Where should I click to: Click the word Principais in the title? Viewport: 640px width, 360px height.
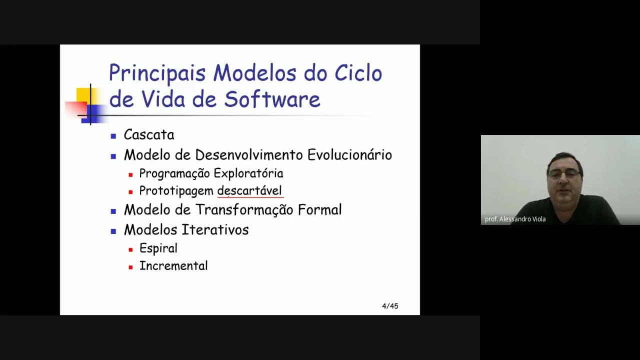pos(157,73)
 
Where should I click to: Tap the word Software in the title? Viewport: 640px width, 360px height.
pos(272,99)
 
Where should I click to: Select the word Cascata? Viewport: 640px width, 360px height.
pos(149,135)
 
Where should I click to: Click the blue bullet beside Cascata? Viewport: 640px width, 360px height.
pos(113,136)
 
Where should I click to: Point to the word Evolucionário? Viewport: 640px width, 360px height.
pos(349,155)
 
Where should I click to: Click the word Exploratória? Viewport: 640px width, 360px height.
pos(248,173)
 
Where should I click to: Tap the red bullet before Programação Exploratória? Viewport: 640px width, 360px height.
pos(130,175)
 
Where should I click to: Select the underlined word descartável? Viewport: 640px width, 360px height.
pos(249,191)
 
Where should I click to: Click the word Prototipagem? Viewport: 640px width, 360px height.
pos(176,191)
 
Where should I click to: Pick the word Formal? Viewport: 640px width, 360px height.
pos(320,210)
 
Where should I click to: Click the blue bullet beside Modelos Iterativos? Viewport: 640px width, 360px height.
pos(113,231)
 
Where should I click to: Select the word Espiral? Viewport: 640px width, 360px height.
pos(158,248)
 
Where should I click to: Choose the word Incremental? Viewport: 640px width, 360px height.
pos(173,266)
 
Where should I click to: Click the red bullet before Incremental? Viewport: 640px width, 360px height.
pos(130,267)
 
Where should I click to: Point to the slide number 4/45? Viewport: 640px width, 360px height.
pos(390,306)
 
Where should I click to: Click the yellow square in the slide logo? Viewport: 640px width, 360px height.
pos(82,94)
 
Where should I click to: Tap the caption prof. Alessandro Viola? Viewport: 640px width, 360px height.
pos(515,219)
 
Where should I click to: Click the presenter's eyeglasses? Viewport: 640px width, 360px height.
pos(563,174)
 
